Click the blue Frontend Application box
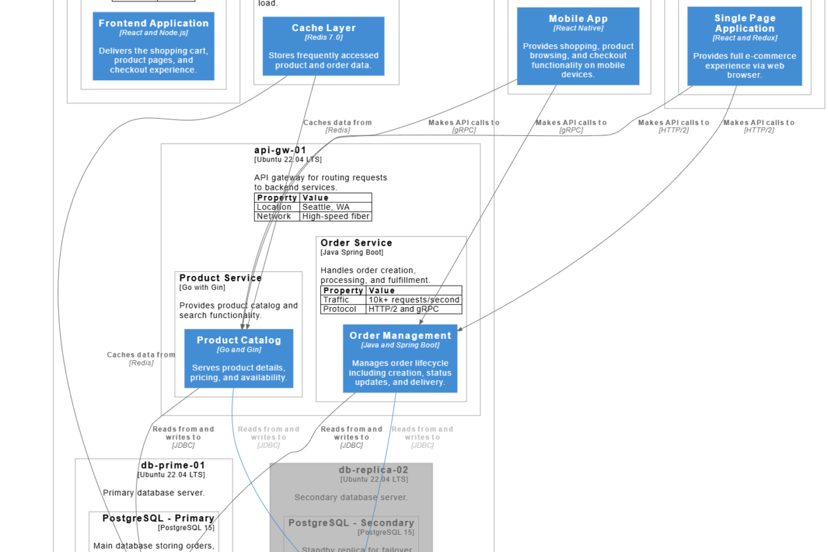pyautogui.click(x=153, y=46)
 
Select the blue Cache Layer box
pyautogui.click(x=324, y=46)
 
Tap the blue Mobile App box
pyautogui.click(x=578, y=46)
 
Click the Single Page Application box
pyautogui.click(x=745, y=46)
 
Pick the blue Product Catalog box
pyautogui.click(x=239, y=358)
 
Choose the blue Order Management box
pyautogui.click(x=400, y=358)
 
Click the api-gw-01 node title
pyautogui.click(x=280, y=150)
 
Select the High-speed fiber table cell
pyautogui.click(x=336, y=217)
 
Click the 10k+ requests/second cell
pyautogui.click(x=413, y=300)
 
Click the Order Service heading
pyautogui.click(x=356, y=243)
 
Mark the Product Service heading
pyautogui.click(x=221, y=278)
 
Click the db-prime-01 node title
pyautogui.click(x=172, y=465)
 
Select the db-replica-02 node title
pyautogui.click(x=373, y=470)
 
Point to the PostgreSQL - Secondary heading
pyautogui.click(x=351, y=523)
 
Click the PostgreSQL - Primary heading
pyautogui.click(x=158, y=518)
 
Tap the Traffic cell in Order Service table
pyautogui.click(x=336, y=300)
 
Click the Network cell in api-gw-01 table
pyautogui.click(x=274, y=217)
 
